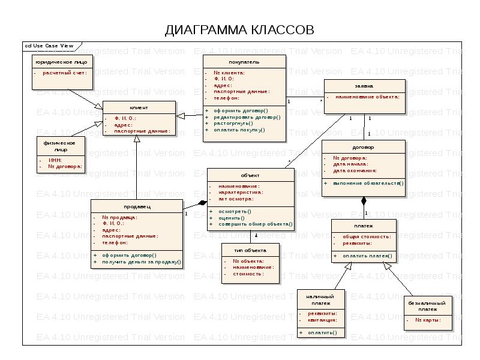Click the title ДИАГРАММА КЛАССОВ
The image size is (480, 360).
coord(239,30)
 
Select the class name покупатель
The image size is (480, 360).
coord(244,62)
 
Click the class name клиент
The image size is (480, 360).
coord(139,107)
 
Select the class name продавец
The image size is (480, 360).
coord(137,206)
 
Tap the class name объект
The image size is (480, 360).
coord(250,175)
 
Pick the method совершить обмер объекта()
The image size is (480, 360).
coord(255,224)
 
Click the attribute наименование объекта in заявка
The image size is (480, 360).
coord(367,96)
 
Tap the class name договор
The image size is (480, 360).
coord(363,147)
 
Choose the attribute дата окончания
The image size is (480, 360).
coord(355,170)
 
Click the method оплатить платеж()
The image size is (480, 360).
coord(367,256)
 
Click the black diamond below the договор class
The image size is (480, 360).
coord(363,201)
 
